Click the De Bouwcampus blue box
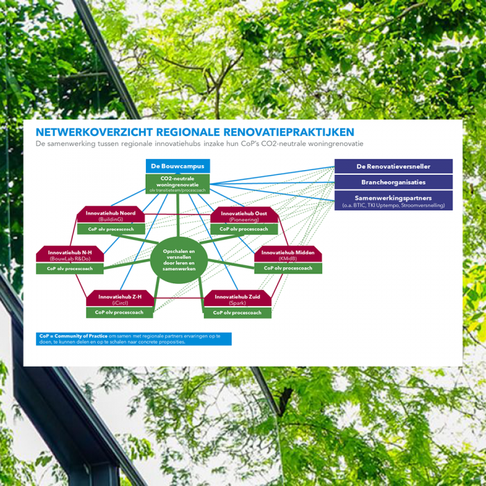tap(178, 167)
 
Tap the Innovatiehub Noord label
tap(111, 215)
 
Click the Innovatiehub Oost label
tap(244, 215)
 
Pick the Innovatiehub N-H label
tap(70, 255)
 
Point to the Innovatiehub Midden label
tap(287, 255)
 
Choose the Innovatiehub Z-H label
tap(119, 299)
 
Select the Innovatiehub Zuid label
tap(237, 299)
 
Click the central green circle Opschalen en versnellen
tap(179, 260)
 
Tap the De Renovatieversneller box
tap(393, 167)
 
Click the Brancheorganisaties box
tap(393, 183)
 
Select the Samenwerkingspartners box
tap(393, 201)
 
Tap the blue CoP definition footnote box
tap(135, 339)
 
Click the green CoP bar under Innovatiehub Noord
tap(111, 229)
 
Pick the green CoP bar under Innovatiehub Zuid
tap(237, 313)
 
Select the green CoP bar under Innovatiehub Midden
tap(287, 269)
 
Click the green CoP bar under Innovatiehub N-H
tap(70, 269)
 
